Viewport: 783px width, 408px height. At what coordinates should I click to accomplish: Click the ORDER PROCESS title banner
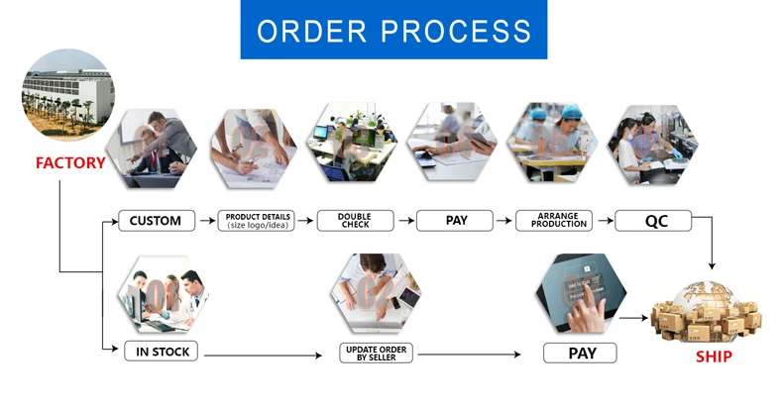point(393,30)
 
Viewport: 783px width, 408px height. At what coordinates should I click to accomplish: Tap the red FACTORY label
point(70,162)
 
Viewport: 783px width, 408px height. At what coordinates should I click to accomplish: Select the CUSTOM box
point(156,221)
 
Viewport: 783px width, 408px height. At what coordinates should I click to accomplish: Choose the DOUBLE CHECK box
point(355,221)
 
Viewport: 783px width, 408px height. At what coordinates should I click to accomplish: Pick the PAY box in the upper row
point(455,221)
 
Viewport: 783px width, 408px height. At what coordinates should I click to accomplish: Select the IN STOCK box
point(161,351)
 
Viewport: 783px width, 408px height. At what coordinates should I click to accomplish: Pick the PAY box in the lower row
point(580,353)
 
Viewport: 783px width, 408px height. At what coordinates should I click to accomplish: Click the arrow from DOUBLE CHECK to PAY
point(405,221)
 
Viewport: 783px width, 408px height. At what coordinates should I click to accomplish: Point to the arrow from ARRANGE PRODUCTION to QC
point(604,221)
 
